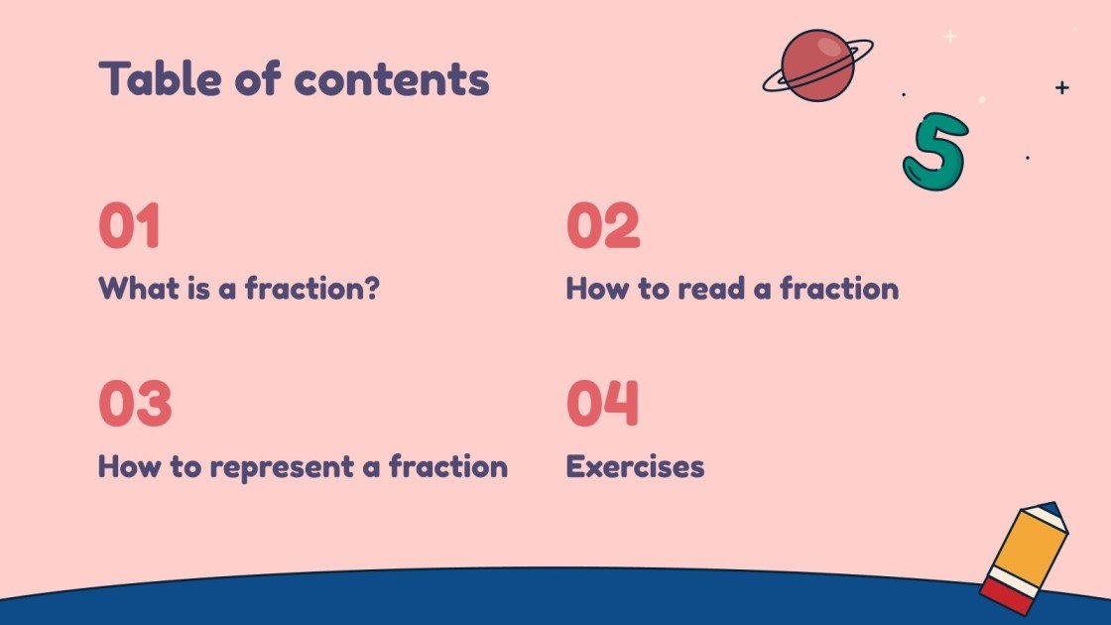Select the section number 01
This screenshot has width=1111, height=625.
129,226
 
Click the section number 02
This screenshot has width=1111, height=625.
603,226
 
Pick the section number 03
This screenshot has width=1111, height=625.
135,404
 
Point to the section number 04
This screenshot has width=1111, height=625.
603,404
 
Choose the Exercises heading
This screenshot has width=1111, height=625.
635,466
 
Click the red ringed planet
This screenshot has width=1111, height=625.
817,64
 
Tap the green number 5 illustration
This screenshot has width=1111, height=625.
934,151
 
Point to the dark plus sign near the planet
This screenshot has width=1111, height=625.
1062,87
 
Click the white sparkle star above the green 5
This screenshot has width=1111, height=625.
949,37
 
